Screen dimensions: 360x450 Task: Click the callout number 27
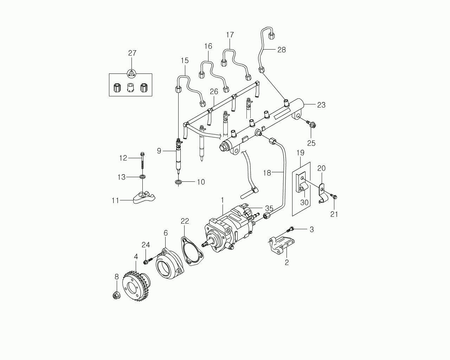point(132,53)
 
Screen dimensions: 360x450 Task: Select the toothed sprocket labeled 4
point(135,284)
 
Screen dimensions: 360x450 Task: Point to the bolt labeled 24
point(147,261)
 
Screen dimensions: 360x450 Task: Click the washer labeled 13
point(142,176)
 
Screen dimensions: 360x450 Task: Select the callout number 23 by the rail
point(321,105)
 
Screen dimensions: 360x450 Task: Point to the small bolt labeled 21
point(334,197)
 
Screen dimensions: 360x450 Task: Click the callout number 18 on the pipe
point(267,173)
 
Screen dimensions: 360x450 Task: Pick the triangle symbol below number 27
point(132,73)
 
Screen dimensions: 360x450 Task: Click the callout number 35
point(269,208)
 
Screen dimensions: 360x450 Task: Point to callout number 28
point(281,50)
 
